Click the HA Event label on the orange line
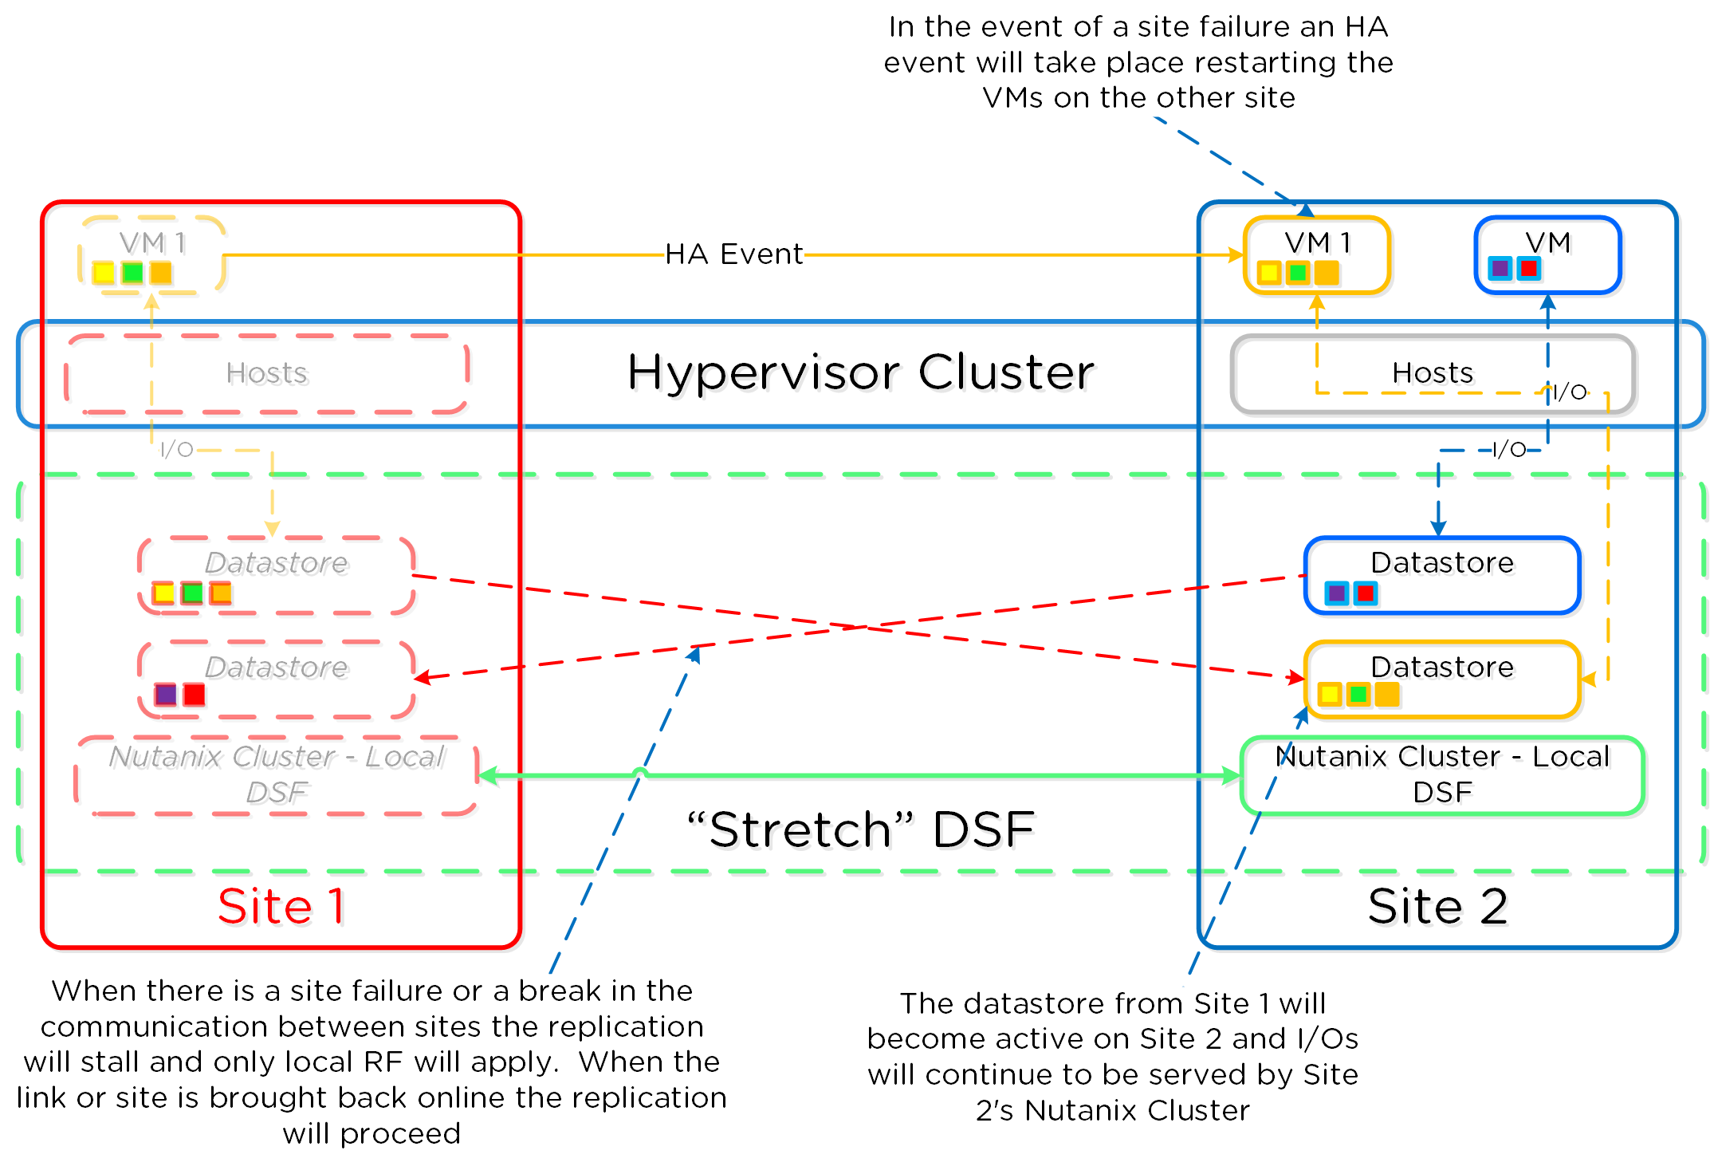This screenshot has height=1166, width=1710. (733, 254)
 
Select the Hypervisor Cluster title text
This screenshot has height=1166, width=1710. (860, 372)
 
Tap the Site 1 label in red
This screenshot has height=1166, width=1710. (281, 907)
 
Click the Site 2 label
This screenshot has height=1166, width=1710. (1437, 907)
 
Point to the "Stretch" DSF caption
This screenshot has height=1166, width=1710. (860, 829)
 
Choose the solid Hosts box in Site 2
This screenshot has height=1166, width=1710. (1433, 373)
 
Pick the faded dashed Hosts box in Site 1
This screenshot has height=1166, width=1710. (266, 373)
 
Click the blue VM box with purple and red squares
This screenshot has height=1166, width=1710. (1547, 254)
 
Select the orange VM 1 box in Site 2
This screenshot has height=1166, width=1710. (1317, 254)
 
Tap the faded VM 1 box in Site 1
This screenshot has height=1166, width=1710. (151, 254)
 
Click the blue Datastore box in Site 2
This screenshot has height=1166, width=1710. (1441, 575)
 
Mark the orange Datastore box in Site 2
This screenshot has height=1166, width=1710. (1441, 679)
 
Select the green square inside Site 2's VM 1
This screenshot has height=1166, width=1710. (1298, 273)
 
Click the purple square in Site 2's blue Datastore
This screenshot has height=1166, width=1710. (1337, 593)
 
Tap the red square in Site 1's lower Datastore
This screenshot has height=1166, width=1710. (195, 695)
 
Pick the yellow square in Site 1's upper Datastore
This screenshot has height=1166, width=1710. (163, 593)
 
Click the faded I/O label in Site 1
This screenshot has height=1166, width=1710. (176, 450)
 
